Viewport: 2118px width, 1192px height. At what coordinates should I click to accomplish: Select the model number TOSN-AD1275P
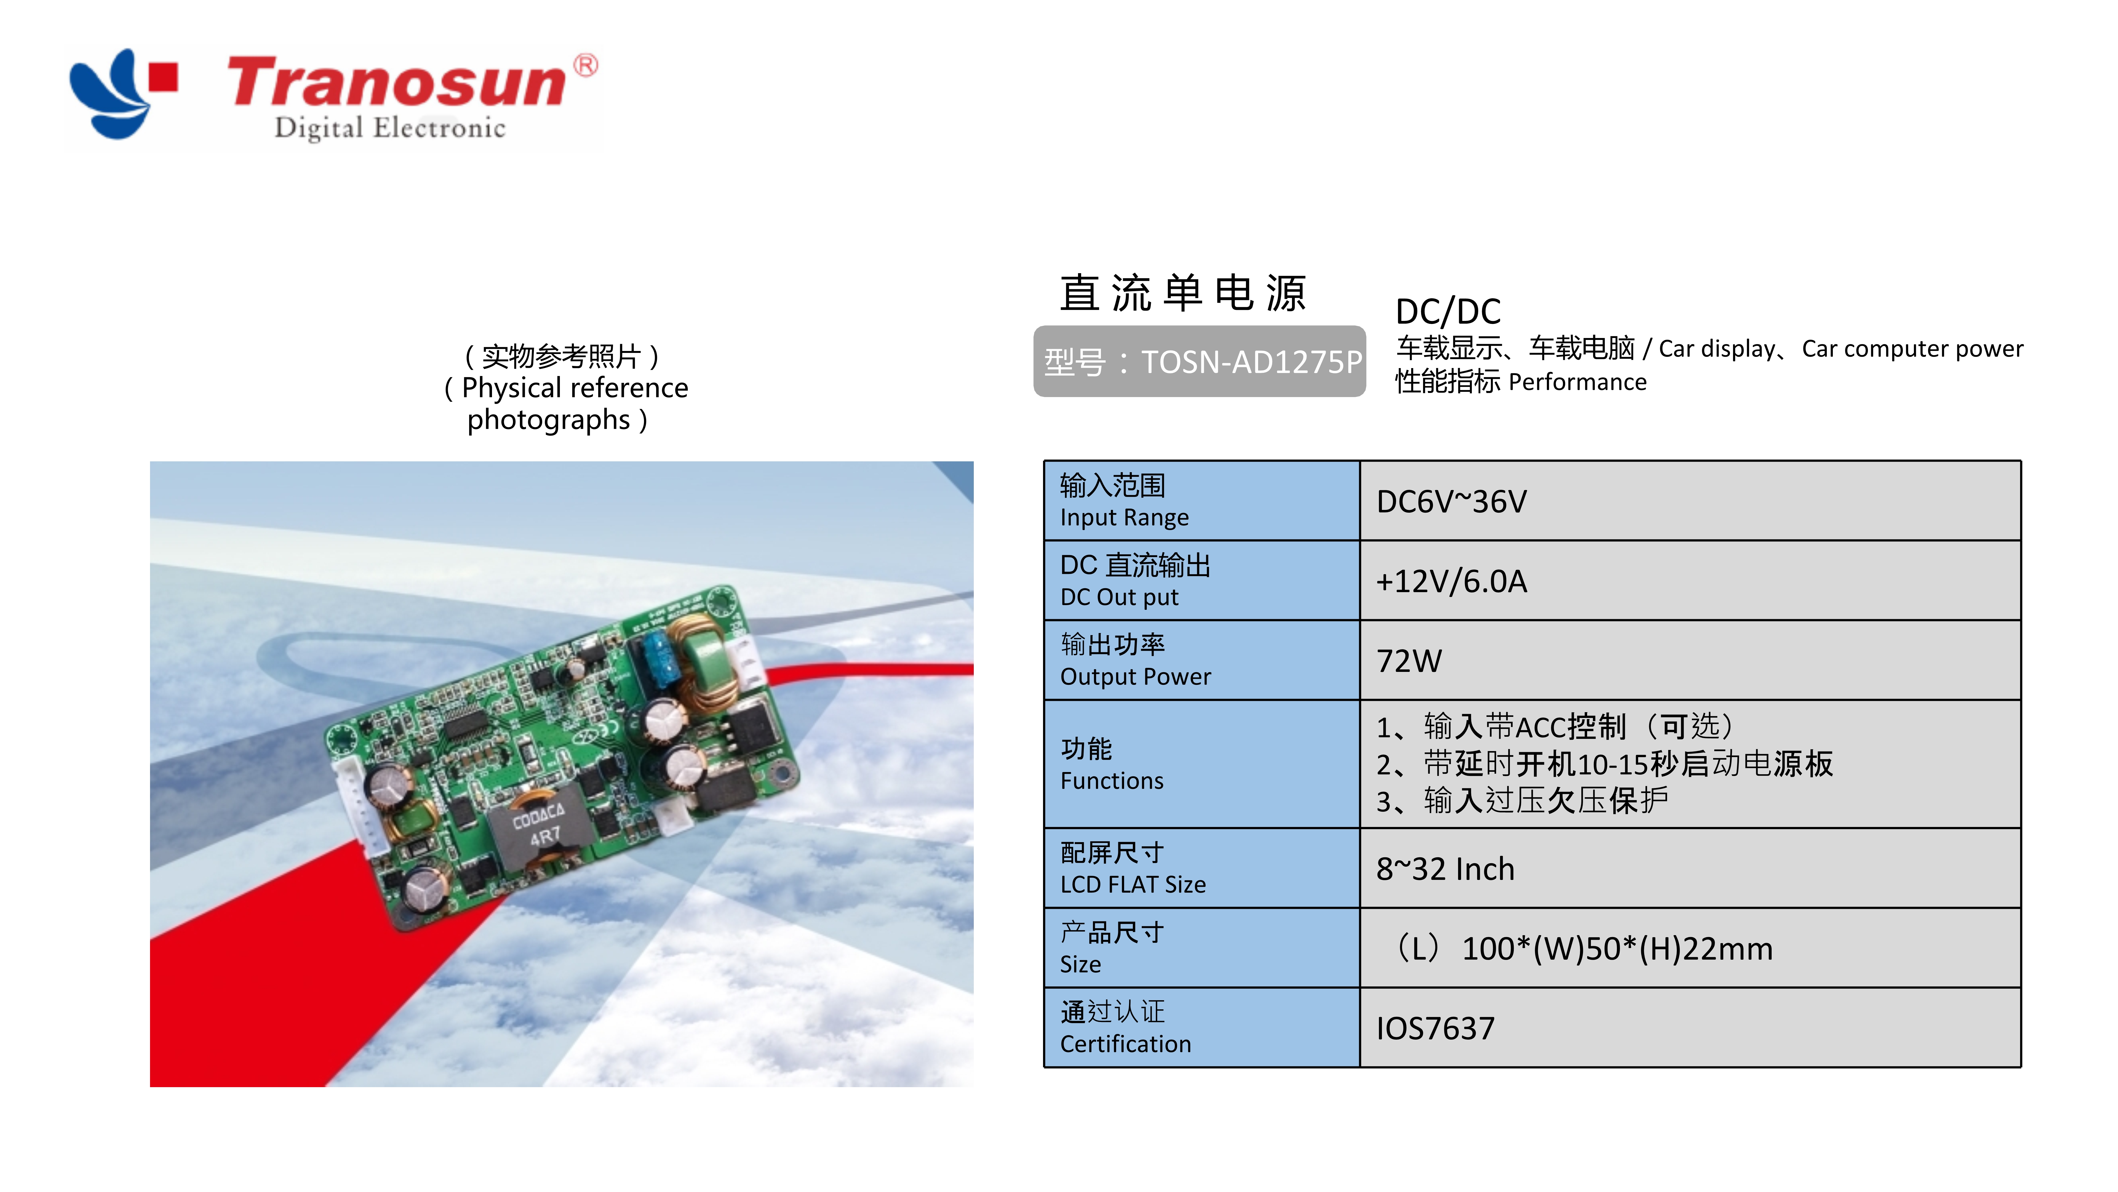click(x=1251, y=362)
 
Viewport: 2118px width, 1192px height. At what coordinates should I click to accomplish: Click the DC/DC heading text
click(x=1448, y=312)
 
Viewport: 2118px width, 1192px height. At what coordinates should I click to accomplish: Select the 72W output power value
click(x=1409, y=661)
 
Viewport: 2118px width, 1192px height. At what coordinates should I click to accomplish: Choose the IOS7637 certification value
click(x=1435, y=1028)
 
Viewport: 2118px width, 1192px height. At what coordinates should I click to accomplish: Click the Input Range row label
click(x=1124, y=517)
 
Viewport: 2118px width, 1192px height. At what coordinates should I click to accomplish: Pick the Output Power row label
click(x=1135, y=676)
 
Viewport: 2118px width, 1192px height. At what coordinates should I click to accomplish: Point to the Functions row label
click(x=1112, y=781)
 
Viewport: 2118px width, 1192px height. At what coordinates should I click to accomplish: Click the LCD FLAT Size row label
click(x=1133, y=884)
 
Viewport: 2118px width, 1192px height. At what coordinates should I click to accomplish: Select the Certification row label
click(x=1125, y=1044)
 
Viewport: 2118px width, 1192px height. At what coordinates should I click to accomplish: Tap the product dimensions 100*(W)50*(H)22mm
click(x=1616, y=949)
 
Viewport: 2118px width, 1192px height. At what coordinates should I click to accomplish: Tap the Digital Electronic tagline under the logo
click(x=390, y=128)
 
